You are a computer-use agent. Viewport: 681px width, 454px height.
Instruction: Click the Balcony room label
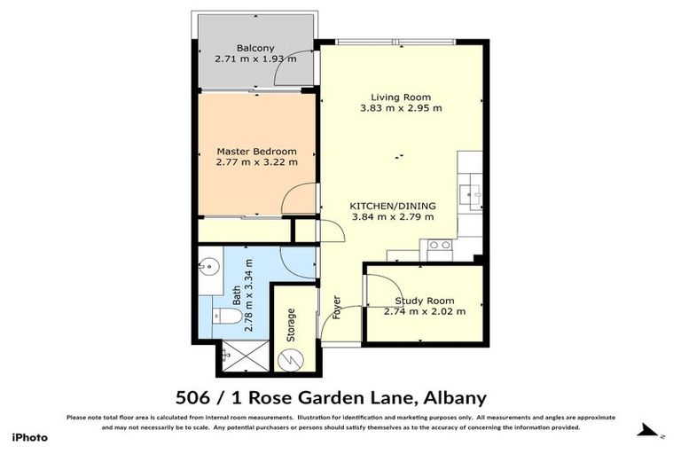click(254, 48)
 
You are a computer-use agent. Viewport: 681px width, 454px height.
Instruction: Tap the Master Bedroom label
click(256, 151)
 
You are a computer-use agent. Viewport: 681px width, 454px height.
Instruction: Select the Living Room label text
click(401, 97)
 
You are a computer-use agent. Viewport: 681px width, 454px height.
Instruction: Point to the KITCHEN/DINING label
click(393, 205)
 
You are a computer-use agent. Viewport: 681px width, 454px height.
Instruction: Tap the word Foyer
click(337, 306)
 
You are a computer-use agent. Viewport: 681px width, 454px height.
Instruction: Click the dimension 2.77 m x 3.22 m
click(256, 162)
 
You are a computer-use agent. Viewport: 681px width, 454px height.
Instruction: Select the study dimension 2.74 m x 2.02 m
click(425, 311)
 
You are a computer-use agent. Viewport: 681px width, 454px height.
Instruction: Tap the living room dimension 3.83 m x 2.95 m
click(401, 108)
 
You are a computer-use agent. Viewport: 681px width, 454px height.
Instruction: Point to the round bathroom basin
click(207, 265)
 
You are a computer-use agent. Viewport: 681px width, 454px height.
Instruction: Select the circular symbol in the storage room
click(290, 358)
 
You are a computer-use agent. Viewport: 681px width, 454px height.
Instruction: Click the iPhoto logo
click(28, 437)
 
